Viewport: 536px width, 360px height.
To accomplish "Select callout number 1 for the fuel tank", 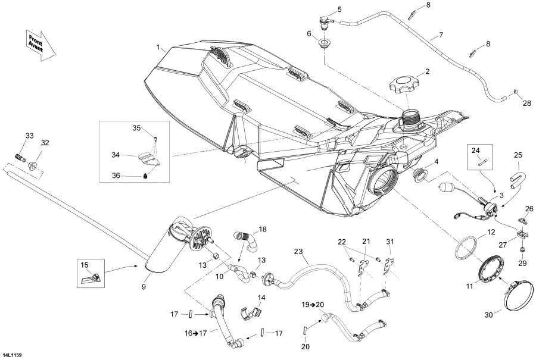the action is (158, 48).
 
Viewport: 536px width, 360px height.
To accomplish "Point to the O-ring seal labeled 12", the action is (466, 248).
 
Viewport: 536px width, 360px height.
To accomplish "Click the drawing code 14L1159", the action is (13, 355).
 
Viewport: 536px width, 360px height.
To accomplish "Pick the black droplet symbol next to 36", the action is (145, 176).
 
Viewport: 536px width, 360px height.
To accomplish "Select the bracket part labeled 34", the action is (149, 158).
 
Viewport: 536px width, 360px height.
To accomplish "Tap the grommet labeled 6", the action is (323, 44).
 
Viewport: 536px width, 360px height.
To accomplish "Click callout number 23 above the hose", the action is (298, 252).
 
